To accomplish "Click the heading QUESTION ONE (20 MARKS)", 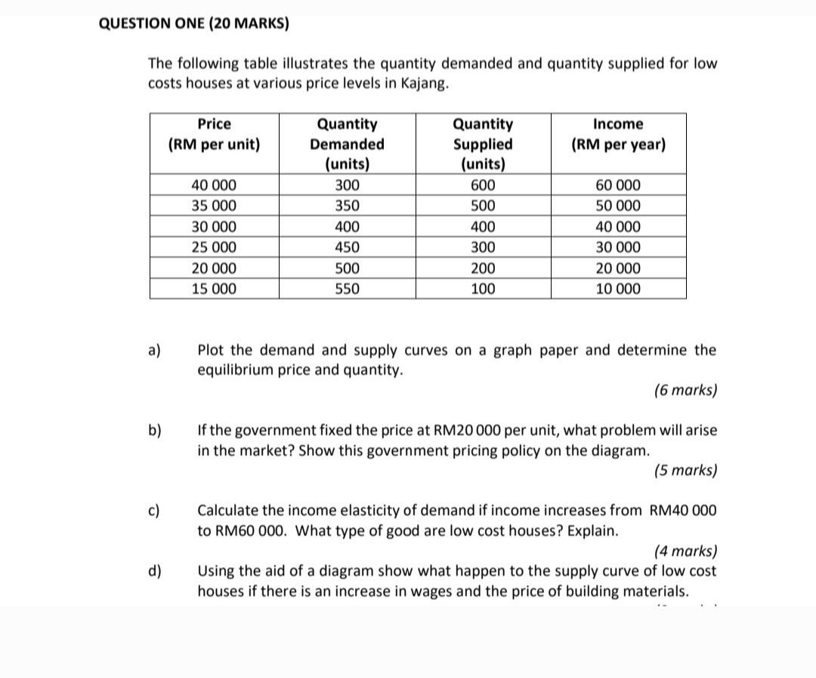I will click(193, 23).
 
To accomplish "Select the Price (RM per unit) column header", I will click(214, 134).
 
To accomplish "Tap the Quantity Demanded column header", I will click(347, 144).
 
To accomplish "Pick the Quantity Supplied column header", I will click(483, 144).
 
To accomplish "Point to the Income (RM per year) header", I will click(618, 134).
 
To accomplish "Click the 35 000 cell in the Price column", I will click(214, 206).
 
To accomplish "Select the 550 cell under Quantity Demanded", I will click(347, 289).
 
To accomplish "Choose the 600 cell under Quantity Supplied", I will click(483, 185).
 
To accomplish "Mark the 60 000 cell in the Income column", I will click(618, 185).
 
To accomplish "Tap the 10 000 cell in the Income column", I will click(618, 289).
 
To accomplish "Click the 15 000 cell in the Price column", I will click(214, 289).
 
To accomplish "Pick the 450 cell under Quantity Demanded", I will click(347, 247).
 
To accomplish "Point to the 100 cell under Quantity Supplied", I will click(483, 289).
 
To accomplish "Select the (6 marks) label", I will click(685, 391).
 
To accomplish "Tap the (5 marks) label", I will click(685, 470).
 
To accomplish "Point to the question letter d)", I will click(155, 571).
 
